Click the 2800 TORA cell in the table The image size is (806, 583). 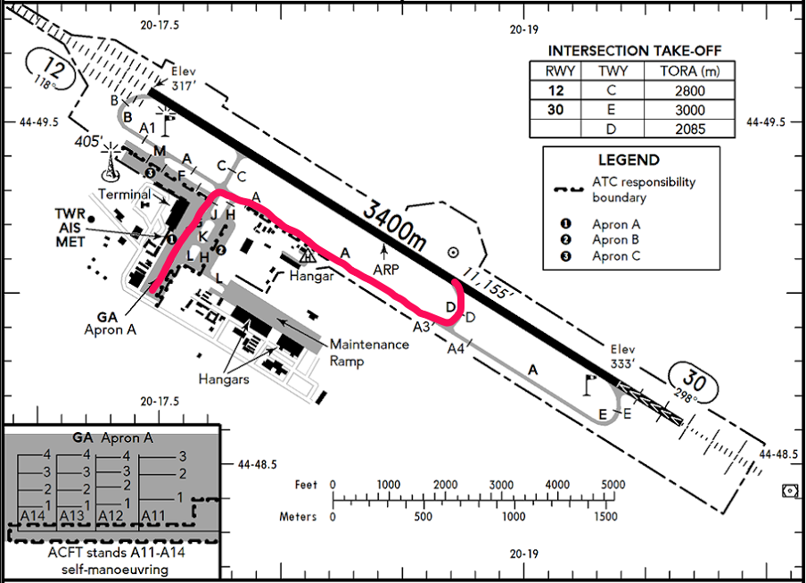690,90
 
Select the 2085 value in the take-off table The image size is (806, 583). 690,129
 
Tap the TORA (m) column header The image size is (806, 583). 690,71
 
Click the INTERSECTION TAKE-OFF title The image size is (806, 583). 634,51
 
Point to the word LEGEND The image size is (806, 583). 629,160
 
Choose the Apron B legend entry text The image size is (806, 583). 616,240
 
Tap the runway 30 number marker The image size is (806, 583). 694,381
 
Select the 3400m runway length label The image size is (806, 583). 394,226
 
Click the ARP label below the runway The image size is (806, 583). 386,269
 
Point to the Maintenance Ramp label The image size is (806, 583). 369,353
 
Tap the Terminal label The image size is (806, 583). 125,195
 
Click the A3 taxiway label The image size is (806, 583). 422,327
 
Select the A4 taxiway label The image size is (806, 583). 456,349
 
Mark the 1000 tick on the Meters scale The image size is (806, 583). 514,517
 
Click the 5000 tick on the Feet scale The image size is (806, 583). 613,485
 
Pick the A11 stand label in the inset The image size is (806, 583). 153,515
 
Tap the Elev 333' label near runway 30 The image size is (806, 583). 622,356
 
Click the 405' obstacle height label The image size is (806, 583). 88,141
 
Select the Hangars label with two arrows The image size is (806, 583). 224,379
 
